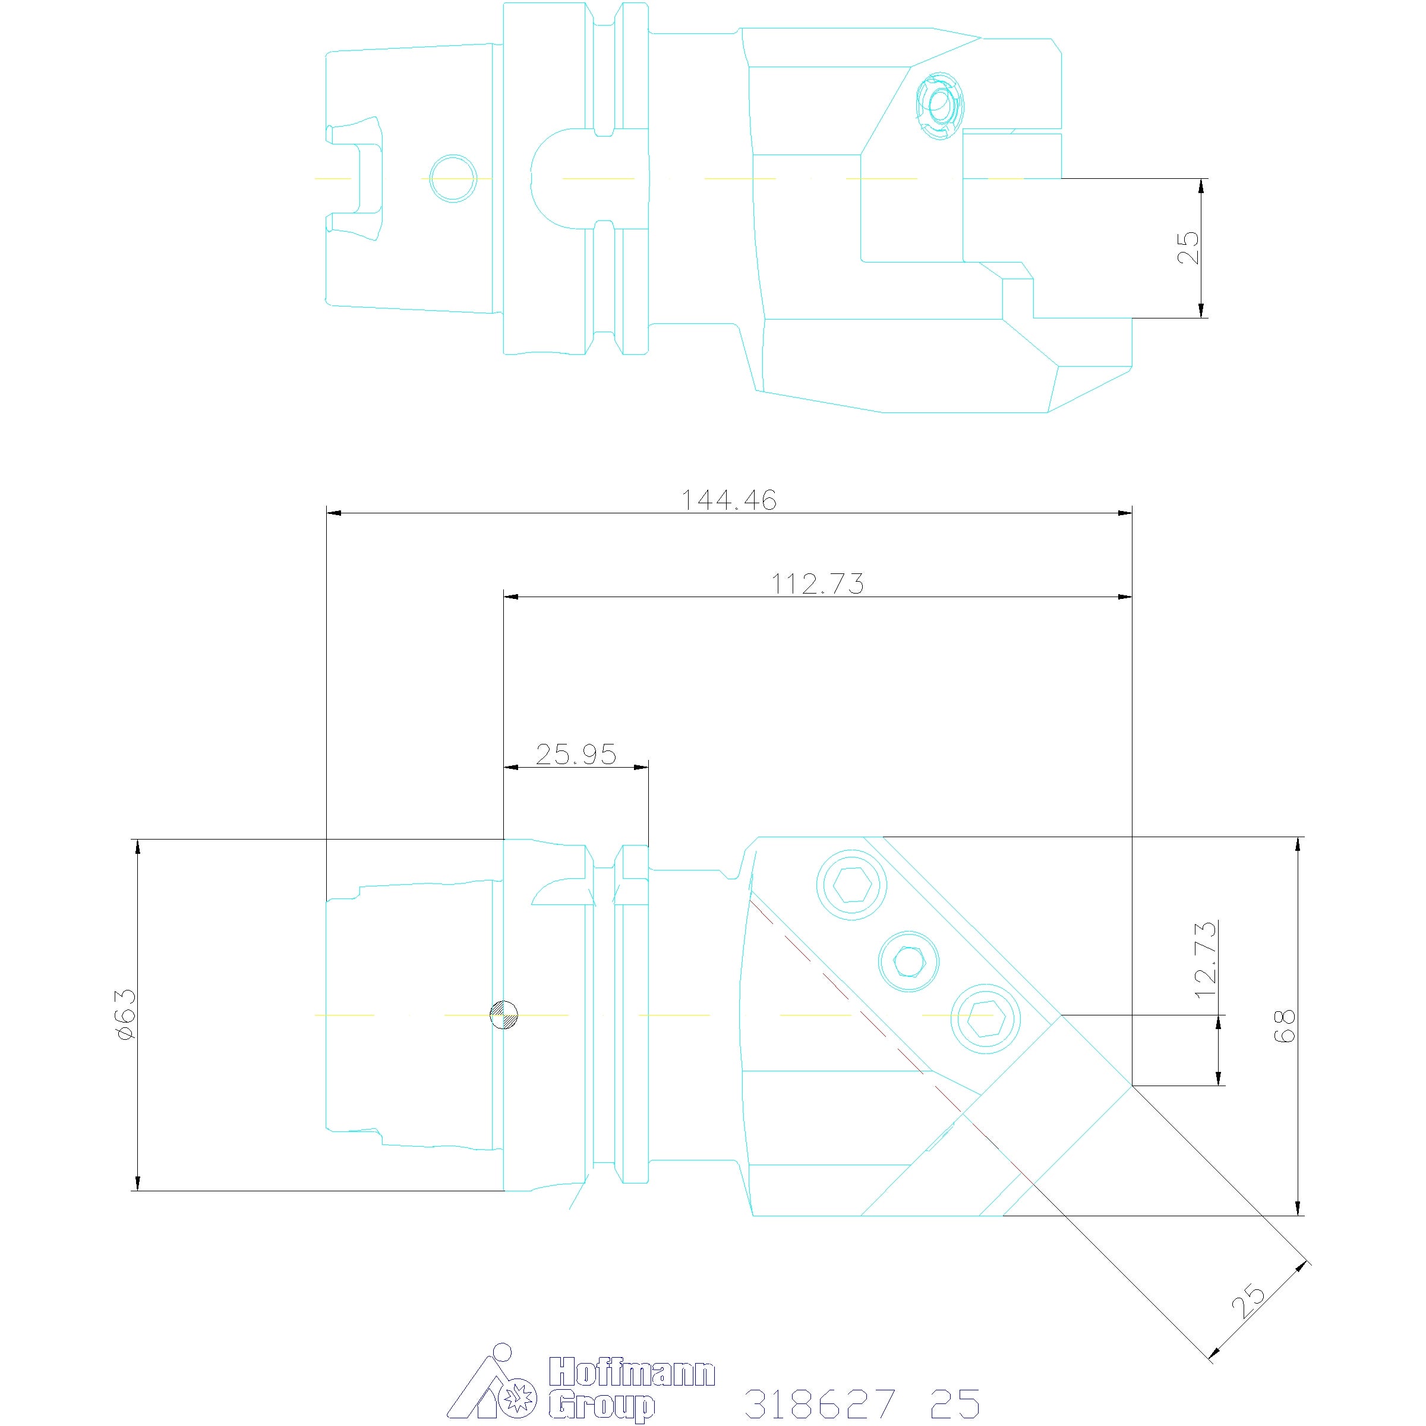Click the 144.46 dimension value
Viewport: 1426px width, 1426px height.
click(x=728, y=500)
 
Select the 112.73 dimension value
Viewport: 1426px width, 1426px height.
click(x=817, y=584)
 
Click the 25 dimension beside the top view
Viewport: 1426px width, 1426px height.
click(x=1188, y=248)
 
